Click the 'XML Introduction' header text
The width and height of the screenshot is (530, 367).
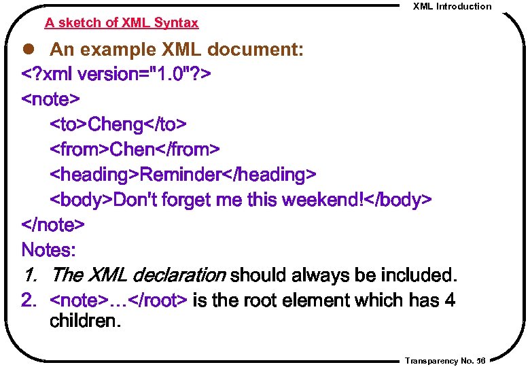pos(452,6)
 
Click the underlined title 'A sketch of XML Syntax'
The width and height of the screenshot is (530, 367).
pos(122,23)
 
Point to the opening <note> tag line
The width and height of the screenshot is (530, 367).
pos(51,99)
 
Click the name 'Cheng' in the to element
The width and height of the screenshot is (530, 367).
pos(116,124)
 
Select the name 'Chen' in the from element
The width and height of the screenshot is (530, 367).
pos(132,149)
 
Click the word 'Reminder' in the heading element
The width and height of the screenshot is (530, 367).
pos(180,175)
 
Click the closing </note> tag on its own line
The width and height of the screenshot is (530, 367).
pos(53,224)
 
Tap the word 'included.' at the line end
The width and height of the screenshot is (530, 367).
pos(419,275)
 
